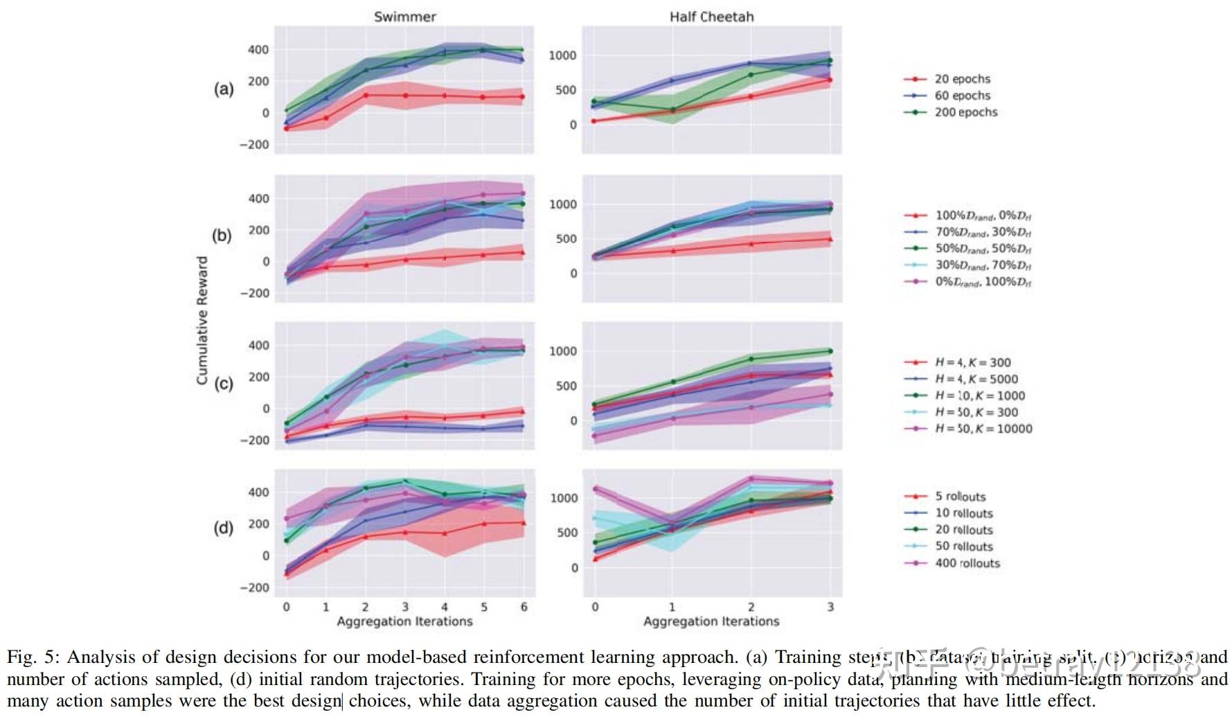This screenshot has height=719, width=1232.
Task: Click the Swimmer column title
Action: (404, 17)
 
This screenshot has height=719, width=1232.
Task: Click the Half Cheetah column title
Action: (711, 17)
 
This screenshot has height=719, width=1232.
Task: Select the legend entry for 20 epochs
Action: (962, 79)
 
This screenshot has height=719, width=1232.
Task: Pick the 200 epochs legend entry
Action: (965, 112)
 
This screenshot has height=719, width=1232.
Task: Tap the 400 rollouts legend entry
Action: (967, 563)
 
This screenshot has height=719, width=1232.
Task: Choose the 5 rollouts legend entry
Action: (960, 497)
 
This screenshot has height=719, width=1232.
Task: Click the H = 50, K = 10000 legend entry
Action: (983, 429)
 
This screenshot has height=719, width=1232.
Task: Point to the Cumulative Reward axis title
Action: (202, 320)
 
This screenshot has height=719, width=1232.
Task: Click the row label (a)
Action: (224, 89)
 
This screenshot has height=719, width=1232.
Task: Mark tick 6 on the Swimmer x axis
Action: (524, 607)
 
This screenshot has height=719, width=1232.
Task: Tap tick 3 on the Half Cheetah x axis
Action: (830, 607)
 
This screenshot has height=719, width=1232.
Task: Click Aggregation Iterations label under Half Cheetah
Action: (711, 621)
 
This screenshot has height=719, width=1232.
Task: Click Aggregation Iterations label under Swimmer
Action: (404, 621)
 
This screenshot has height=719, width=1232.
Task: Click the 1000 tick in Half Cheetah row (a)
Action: (562, 55)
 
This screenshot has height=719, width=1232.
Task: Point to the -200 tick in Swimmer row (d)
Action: (254, 587)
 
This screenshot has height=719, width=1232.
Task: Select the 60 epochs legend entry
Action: (962, 96)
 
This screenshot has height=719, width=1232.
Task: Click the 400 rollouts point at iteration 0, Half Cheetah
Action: (594, 489)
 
